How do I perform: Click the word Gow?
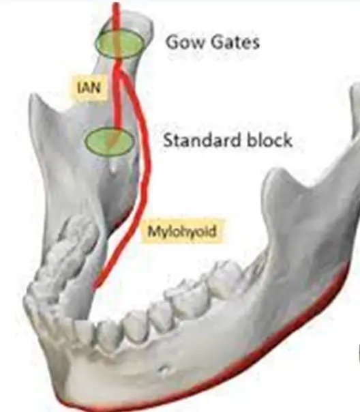point(185,42)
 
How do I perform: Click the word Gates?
point(235,42)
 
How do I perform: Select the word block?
point(269,140)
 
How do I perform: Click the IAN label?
point(89,87)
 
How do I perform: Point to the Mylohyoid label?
point(182,231)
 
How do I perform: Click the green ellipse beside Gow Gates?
point(120,44)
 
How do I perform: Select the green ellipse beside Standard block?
point(110,141)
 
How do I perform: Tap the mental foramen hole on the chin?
point(164,370)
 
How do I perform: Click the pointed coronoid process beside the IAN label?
point(33,97)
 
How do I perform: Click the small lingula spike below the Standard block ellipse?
point(113,168)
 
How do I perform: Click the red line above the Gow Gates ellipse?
point(116,16)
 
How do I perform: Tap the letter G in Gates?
point(217,42)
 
